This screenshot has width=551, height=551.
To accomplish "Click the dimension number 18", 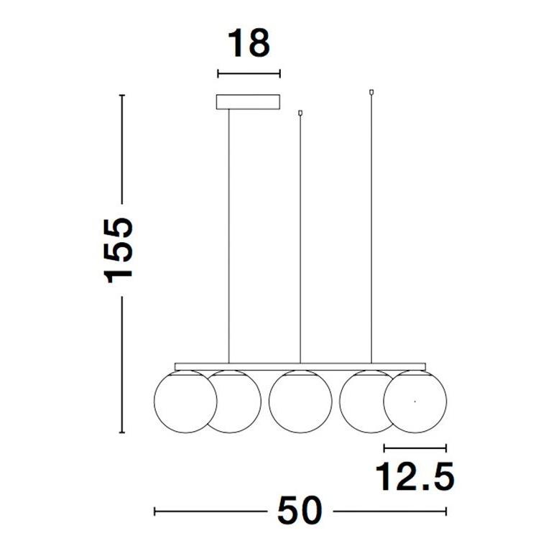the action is point(249,43).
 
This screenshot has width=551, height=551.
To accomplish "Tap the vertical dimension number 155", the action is point(119,250).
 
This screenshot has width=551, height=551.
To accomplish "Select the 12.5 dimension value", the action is point(415,476).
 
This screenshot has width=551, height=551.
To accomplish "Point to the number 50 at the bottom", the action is point(300,511).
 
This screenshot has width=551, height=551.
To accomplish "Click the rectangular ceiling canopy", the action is point(248,102).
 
